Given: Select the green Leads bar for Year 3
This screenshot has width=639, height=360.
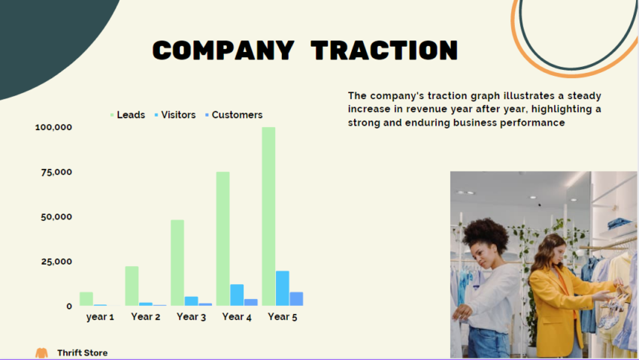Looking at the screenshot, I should (177, 262).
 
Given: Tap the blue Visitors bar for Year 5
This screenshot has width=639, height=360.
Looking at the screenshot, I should (283, 289).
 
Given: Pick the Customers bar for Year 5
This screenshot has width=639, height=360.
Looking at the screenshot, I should (296, 299).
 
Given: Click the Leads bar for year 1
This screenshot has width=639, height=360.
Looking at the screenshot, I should (86, 298).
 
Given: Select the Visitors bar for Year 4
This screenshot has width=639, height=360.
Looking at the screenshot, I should (237, 295).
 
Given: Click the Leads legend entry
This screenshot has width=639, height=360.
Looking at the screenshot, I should (128, 115).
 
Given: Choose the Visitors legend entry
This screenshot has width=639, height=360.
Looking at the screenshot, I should (175, 115).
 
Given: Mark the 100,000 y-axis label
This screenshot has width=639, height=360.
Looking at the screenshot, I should (53, 127).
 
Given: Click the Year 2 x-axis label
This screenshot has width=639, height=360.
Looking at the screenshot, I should (146, 317).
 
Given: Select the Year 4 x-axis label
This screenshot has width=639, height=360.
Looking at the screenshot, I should (237, 317).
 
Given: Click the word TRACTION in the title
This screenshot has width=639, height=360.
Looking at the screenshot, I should (384, 50).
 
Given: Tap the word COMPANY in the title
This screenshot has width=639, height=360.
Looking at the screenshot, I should (223, 50).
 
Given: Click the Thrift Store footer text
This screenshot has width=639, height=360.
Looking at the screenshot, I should (82, 352).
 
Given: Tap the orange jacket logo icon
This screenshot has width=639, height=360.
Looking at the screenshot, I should (41, 352).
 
